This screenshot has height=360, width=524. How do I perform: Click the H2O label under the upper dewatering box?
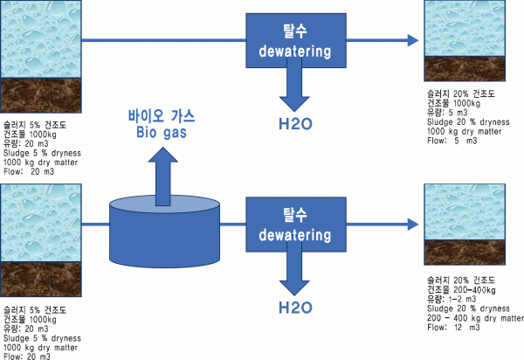coord(295,123)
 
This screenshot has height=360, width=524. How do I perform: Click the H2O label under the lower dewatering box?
coord(295,307)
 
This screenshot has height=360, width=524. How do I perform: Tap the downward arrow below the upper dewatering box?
coord(295,87)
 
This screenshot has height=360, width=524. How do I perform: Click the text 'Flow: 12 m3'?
coord(451,328)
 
